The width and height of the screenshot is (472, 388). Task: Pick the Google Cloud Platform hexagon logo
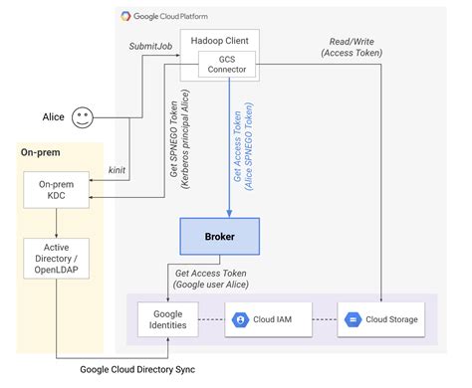(127, 16)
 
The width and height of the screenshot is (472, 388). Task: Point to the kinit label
(117, 171)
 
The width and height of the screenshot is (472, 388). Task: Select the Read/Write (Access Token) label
(354, 47)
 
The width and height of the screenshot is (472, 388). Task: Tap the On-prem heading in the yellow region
(41, 152)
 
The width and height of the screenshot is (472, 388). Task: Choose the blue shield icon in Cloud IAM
(240, 319)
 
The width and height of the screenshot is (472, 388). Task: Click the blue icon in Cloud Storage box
(353, 319)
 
